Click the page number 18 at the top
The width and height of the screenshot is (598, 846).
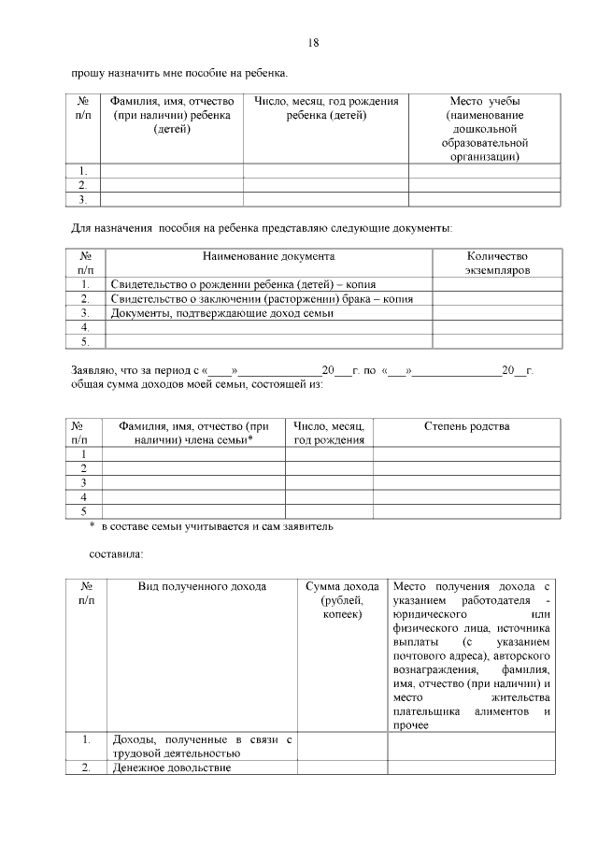313,43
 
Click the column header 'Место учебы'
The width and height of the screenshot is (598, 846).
485,129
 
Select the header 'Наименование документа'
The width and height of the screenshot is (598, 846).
269,255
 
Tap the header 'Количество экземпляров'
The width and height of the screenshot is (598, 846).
496,263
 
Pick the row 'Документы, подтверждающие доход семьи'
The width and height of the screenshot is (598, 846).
222,313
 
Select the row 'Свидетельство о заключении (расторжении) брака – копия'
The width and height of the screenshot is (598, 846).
262,299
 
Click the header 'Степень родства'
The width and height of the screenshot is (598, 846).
466,426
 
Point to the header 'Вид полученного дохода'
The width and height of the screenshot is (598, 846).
203,586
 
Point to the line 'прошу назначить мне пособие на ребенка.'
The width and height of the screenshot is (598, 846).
179,72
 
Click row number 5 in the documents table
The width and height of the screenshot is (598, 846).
85,342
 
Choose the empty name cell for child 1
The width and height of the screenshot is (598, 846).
171,170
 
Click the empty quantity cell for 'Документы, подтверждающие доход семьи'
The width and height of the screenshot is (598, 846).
496,313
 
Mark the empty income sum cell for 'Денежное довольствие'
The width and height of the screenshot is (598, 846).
342,767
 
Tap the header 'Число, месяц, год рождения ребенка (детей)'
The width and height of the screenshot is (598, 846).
326,108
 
